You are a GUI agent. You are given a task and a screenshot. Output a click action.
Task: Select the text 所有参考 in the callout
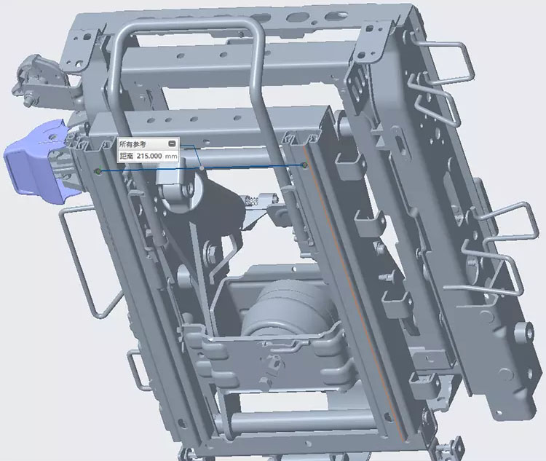(132, 144)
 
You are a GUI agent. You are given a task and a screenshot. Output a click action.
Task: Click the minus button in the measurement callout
(172, 143)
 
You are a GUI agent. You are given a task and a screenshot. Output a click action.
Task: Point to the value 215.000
(149, 156)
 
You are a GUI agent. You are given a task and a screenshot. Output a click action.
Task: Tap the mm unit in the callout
(171, 156)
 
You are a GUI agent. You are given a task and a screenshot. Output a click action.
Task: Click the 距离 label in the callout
(127, 156)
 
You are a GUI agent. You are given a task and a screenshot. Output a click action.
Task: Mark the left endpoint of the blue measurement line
(99, 171)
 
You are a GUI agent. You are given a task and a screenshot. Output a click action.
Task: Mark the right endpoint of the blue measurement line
(305, 165)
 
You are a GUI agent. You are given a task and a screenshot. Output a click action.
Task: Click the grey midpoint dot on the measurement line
(202, 168)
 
